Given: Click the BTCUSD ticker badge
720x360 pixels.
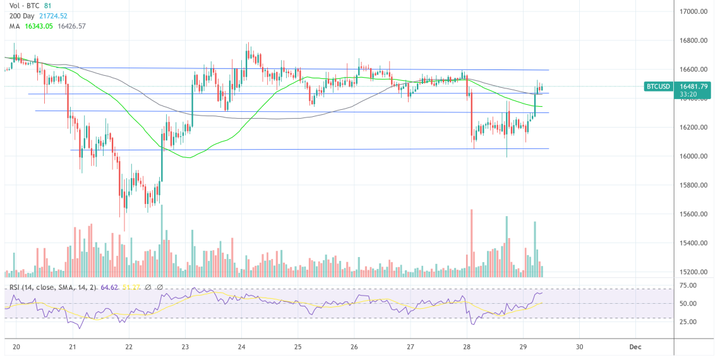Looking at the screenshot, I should [657, 87].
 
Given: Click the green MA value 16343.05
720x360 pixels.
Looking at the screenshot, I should [37, 26].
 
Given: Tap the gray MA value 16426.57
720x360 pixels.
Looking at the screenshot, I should [71, 26].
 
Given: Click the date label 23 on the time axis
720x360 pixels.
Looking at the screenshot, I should [185, 347].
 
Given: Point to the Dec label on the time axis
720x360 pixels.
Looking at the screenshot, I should [635, 347].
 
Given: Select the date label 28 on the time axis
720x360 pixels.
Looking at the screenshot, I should [467, 347].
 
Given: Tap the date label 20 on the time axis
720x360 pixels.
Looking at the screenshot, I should [16, 347].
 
